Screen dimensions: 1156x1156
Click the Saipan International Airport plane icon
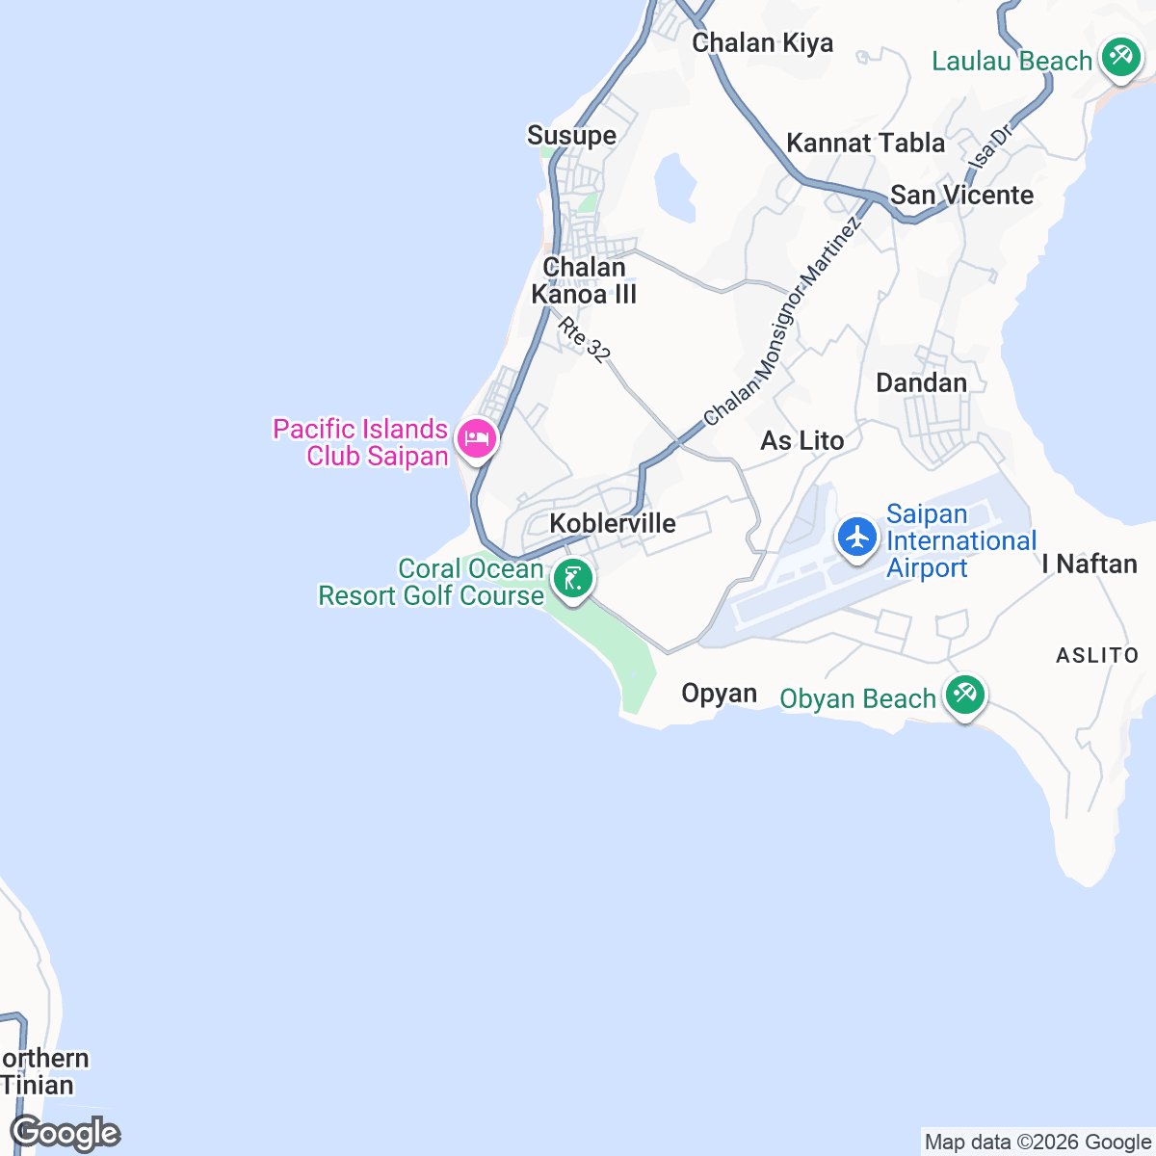856,537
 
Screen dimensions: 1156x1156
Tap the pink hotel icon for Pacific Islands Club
476,439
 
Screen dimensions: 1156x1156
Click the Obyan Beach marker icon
964,696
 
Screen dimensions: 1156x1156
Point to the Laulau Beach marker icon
1120,58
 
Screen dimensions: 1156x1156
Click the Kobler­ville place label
613,524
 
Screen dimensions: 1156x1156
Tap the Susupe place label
571,136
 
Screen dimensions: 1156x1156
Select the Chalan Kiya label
762,43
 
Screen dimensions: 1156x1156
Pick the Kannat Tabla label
865,144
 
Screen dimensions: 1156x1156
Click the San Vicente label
961,196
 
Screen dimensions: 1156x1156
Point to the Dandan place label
921,383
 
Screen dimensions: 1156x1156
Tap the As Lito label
801,441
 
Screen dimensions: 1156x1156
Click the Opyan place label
719,694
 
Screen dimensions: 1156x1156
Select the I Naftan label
1090,564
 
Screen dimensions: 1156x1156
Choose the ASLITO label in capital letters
1097,656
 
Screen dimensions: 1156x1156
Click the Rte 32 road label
585,340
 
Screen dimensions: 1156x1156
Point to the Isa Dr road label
992,146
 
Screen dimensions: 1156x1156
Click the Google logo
65,1134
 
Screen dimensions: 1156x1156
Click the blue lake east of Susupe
674,186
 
